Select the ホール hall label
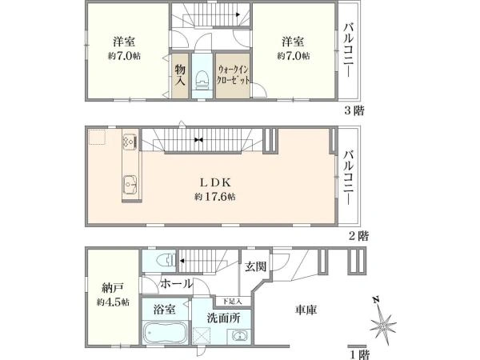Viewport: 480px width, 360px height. [175, 284]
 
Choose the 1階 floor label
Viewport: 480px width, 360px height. [359, 352]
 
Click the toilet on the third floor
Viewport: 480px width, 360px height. [202, 78]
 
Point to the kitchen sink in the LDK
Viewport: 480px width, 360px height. [128, 188]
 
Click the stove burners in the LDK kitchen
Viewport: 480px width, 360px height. [129, 142]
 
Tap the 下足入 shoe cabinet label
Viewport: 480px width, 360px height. [230, 301]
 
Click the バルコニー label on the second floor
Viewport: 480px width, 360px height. [349, 172]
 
